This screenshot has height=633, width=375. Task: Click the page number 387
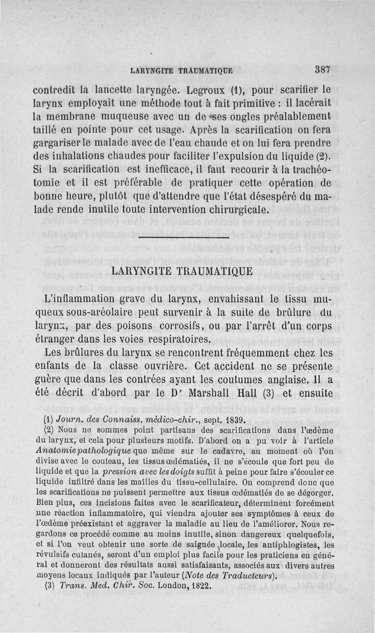click(x=322, y=69)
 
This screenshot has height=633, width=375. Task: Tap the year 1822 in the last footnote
click(x=202, y=585)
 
